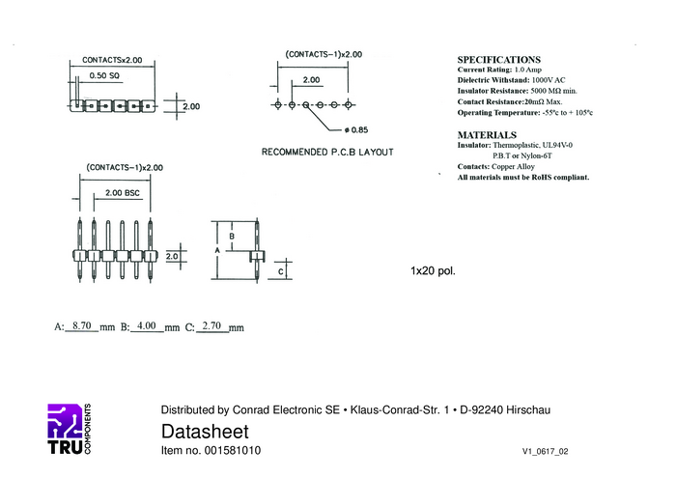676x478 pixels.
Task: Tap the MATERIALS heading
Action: (x=487, y=135)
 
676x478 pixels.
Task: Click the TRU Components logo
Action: (x=69, y=428)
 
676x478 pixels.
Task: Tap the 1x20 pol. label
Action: (x=433, y=270)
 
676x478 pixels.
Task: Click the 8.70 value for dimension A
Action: (x=81, y=326)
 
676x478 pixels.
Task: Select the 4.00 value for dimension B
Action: (x=147, y=326)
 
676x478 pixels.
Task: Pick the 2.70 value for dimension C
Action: (x=211, y=326)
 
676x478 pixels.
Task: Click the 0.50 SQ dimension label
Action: (x=104, y=75)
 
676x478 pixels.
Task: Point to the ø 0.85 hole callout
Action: (x=355, y=129)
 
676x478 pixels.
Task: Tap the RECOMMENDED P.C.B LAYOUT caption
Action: (x=327, y=153)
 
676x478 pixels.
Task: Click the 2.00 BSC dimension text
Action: (x=117, y=193)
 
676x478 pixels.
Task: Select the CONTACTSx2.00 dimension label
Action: (x=112, y=60)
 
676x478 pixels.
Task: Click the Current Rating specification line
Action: (x=507, y=70)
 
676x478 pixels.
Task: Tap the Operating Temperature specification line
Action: (x=524, y=112)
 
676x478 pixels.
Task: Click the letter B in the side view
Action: (x=232, y=236)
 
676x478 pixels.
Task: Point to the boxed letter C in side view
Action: (x=279, y=272)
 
